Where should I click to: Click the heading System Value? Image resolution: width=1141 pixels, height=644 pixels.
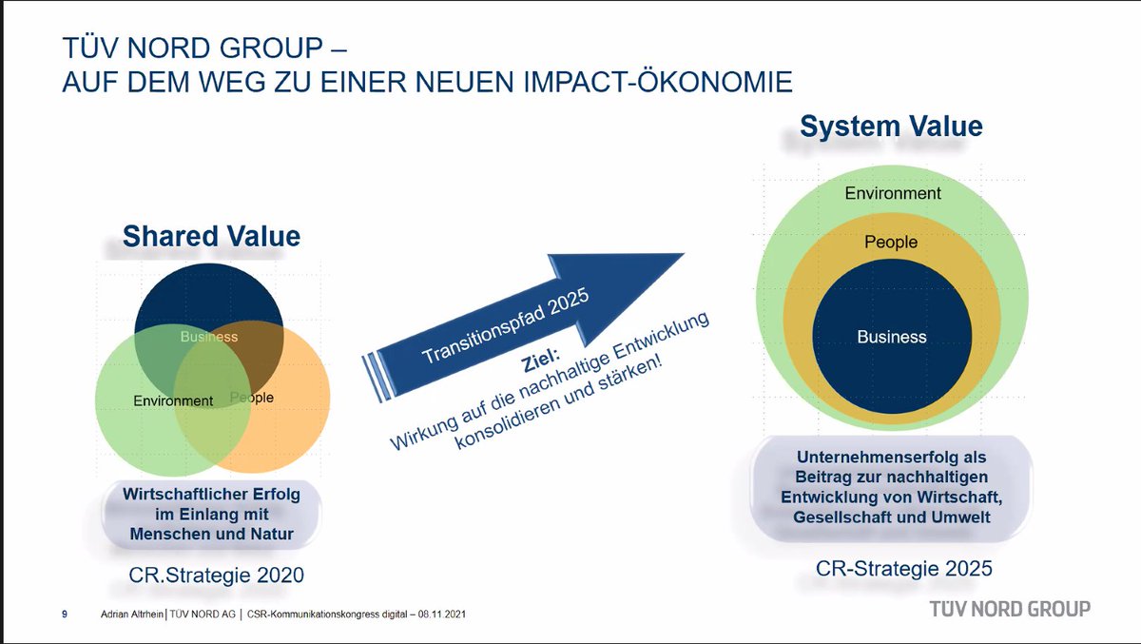891,127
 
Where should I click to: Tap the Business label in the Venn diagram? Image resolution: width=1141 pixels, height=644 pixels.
209,337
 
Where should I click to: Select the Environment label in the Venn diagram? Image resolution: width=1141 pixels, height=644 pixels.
173,400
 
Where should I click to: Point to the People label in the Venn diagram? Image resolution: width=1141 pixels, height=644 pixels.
252,398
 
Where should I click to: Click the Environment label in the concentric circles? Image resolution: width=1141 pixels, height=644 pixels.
893,193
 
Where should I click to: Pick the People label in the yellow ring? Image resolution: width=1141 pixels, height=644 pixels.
891,243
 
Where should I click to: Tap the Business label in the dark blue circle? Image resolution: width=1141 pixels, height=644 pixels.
891,337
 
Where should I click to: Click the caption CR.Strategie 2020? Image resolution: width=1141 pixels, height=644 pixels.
216,576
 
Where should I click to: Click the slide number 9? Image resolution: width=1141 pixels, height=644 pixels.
65,615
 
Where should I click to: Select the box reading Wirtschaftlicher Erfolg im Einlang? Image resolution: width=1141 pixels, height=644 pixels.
211,514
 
